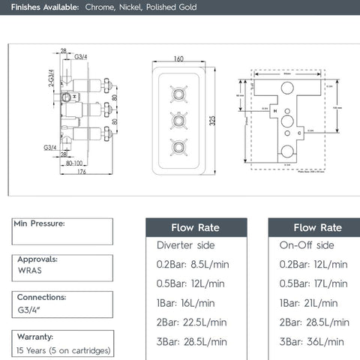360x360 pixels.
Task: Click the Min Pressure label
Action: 40,223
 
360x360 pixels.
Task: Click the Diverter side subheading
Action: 185,244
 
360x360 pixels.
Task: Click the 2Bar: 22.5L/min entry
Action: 191,322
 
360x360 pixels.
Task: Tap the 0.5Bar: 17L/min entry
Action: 313,283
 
